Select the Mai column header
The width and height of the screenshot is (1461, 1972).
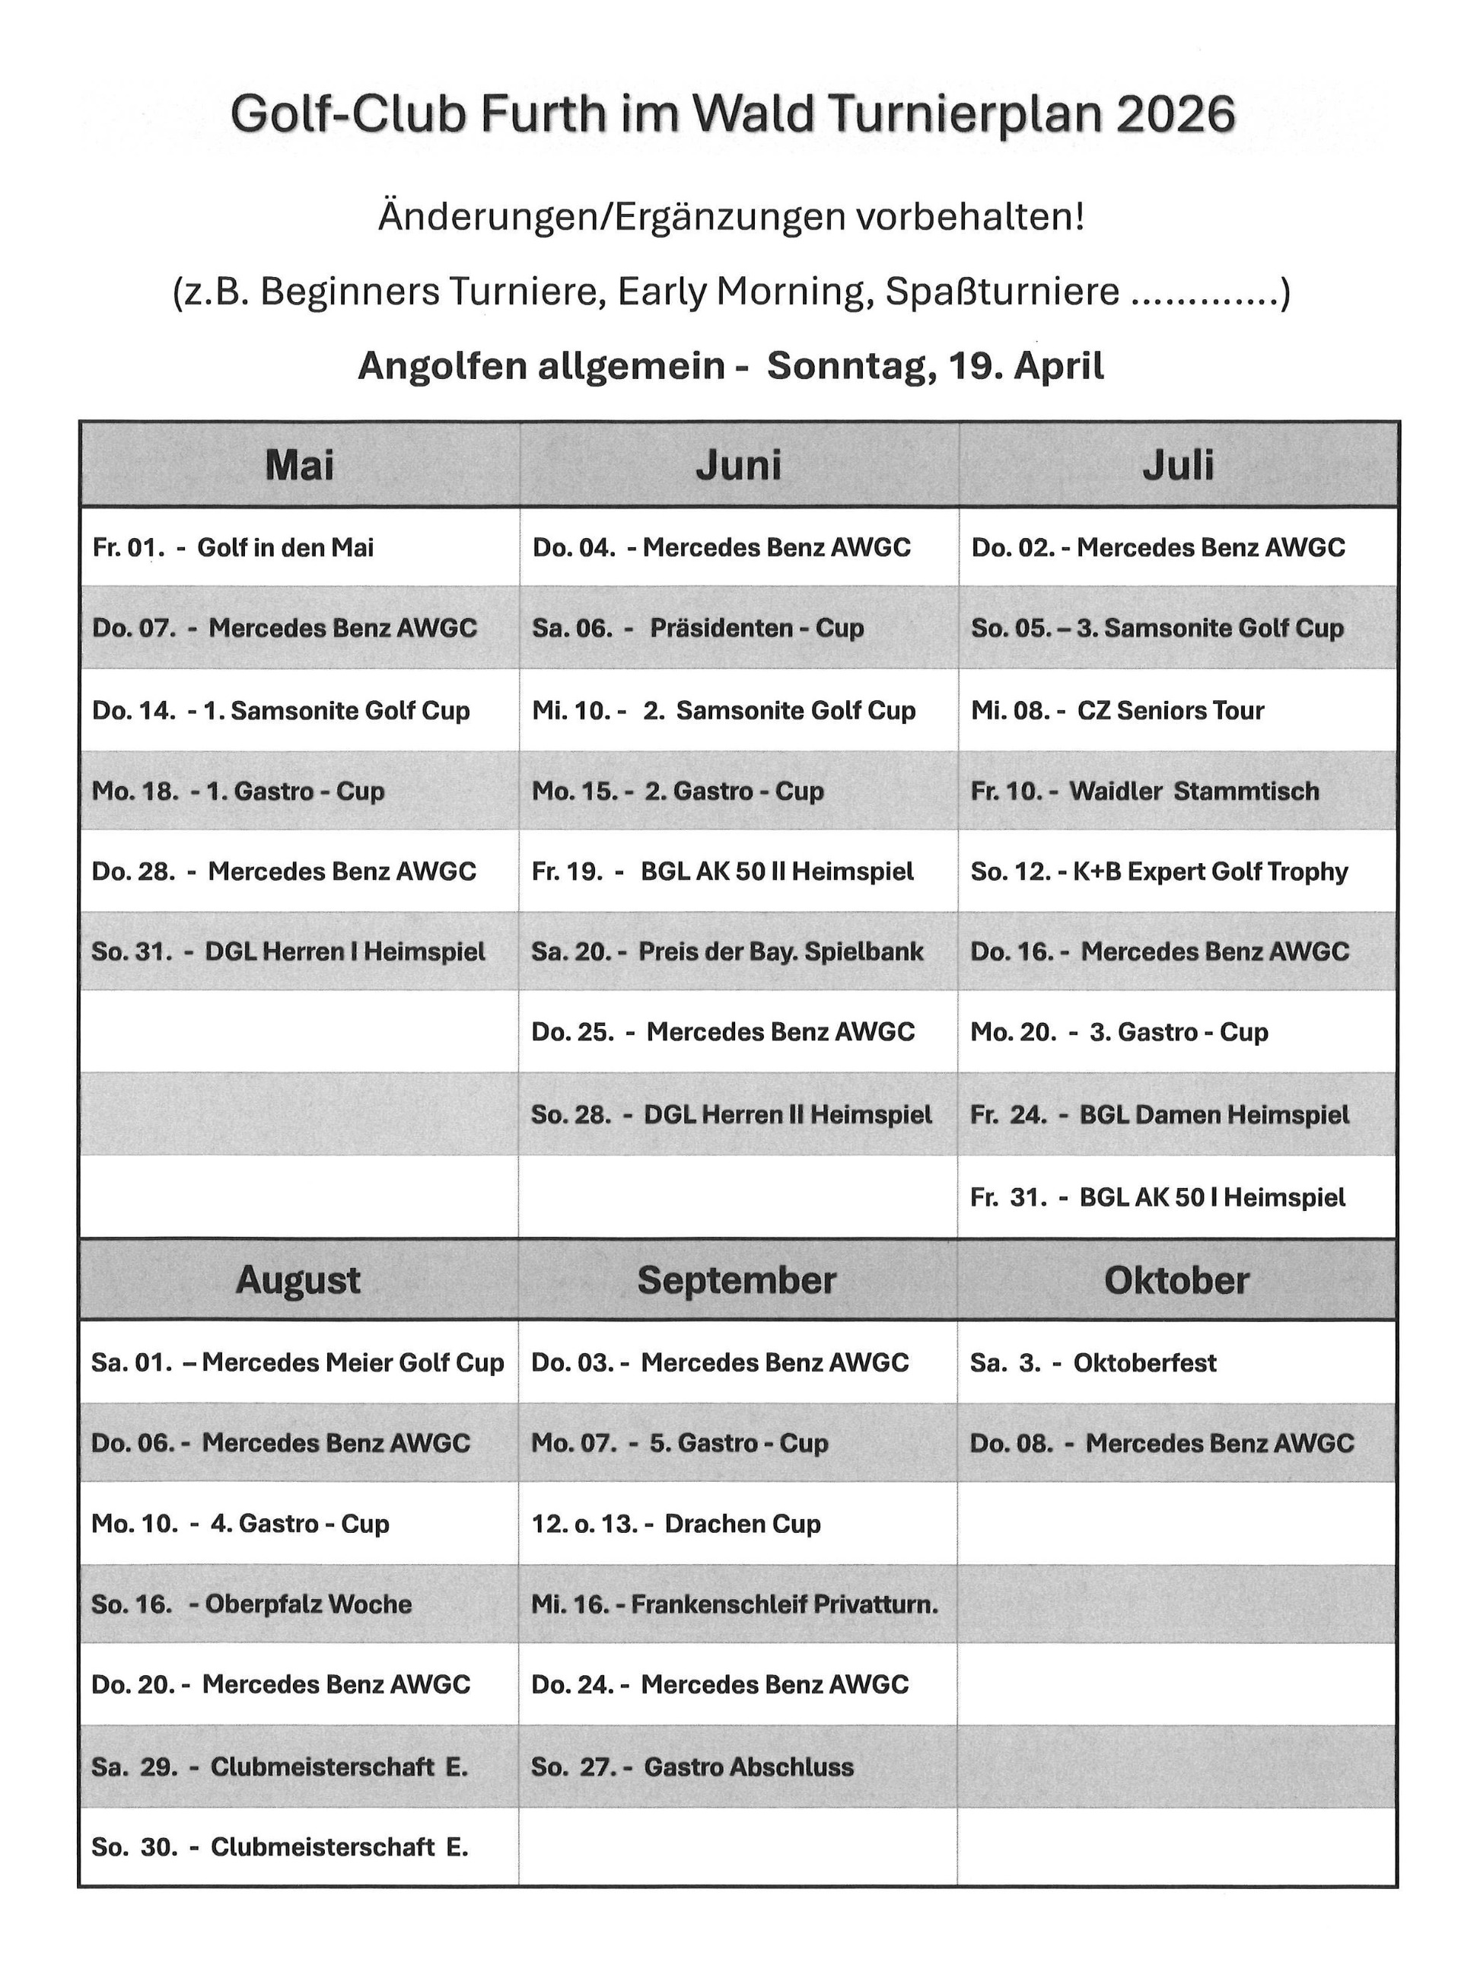click(299, 465)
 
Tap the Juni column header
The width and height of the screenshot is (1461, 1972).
click(738, 465)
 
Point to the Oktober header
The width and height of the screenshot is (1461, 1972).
click(1176, 1280)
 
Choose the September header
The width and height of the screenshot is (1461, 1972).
click(737, 1280)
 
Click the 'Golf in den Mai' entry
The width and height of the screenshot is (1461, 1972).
click(233, 548)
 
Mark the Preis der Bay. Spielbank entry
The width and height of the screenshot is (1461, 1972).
click(727, 952)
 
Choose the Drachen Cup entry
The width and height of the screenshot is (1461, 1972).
click(676, 1524)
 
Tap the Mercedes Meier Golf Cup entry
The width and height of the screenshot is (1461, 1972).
click(298, 1362)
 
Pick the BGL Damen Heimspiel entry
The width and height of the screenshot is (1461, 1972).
click(1160, 1115)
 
